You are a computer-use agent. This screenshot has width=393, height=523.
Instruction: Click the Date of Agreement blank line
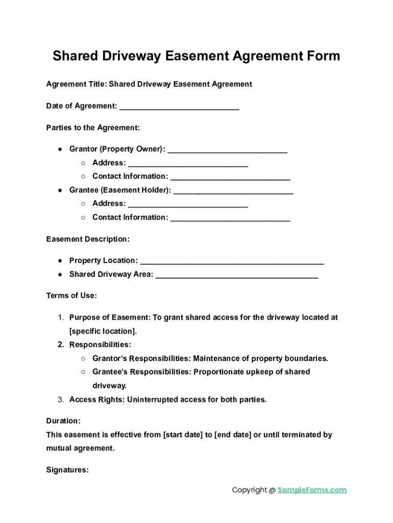pyautogui.click(x=179, y=106)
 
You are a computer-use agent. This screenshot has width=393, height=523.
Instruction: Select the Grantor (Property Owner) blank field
pyautogui.click(x=227, y=149)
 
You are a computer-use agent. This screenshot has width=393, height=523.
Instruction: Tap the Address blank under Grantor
pyautogui.click(x=188, y=163)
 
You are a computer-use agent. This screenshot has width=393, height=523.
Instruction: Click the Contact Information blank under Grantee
pyautogui.click(x=230, y=218)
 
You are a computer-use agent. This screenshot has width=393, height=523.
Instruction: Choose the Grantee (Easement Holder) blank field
pyautogui.click(x=233, y=191)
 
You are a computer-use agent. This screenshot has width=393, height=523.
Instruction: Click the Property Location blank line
pyautogui.click(x=232, y=261)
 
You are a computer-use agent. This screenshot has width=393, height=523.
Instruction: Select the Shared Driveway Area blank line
pyautogui.click(x=237, y=275)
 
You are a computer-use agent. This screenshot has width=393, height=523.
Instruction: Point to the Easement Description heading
pyautogui.click(x=88, y=239)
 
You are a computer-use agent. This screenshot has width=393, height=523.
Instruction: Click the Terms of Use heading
pyautogui.click(x=71, y=296)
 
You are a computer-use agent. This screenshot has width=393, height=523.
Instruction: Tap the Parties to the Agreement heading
pyautogui.click(x=93, y=128)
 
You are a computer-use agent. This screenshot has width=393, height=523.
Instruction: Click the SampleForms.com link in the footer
pyautogui.click(x=312, y=490)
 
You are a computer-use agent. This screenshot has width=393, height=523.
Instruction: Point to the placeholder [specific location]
pyautogui.click(x=103, y=331)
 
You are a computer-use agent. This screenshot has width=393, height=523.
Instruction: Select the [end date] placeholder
pyautogui.click(x=233, y=435)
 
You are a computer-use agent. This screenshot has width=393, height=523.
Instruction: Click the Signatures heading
pyautogui.click(x=67, y=470)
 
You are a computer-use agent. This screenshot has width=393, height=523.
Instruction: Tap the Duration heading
pyautogui.click(x=63, y=421)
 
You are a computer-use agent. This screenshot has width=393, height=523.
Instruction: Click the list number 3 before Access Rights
pyautogui.click(x=60, y=399)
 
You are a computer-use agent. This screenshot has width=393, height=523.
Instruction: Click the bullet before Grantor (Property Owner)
pyautogui.click(x=60, y=149)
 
